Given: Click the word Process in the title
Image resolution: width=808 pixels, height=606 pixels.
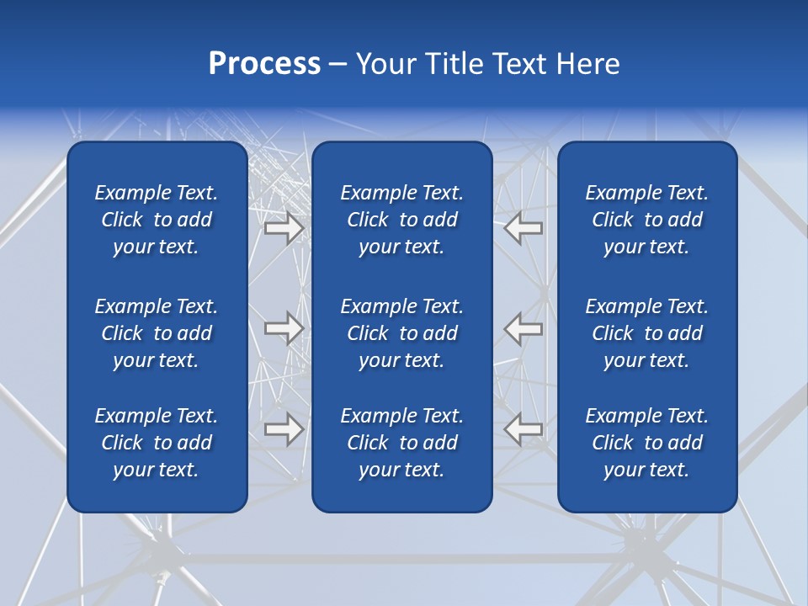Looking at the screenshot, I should [264, 64].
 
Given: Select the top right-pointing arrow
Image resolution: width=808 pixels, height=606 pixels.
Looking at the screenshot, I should [284, 228].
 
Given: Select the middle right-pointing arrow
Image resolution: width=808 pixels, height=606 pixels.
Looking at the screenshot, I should [284, 328].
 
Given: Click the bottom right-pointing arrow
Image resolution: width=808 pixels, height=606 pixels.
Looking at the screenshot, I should [284, 429].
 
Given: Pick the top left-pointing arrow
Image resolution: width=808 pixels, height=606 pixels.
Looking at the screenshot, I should [524, 228].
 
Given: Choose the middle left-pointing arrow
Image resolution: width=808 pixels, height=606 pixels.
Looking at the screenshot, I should [524, 328].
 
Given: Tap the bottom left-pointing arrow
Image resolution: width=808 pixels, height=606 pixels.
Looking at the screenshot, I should [524, 429].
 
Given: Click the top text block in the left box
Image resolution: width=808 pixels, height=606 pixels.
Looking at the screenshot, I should [157, 220].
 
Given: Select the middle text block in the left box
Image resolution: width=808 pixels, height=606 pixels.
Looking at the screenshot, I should [157, 333].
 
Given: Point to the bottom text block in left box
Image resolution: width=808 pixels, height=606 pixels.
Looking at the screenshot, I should [157, 443].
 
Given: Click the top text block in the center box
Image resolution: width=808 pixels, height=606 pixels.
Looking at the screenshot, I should [401, 220].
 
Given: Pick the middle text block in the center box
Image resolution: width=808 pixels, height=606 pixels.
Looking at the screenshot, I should [401, 333].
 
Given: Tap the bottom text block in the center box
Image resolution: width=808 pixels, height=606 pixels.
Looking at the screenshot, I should [401, 443].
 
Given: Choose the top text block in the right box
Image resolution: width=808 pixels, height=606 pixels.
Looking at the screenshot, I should [646, 220].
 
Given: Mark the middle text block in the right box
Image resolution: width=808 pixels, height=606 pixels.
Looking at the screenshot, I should [646, 333].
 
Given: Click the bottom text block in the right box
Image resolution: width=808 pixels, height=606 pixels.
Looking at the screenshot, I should [646, 443].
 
